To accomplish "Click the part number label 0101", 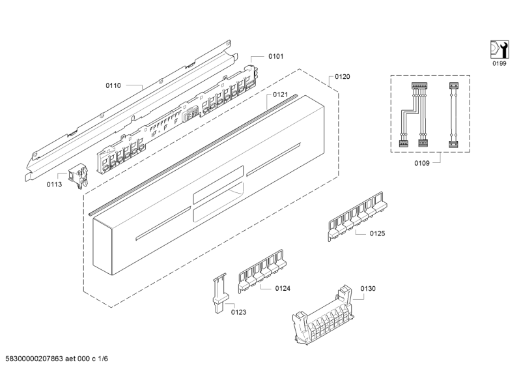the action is pos(275,56).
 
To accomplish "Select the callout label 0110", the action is pos(113,85).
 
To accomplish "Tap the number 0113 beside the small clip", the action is pos(54,184).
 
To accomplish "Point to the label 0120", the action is pos(343,77).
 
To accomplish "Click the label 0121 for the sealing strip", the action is pos(281,95).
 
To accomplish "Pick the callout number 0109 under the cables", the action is pos(421,163).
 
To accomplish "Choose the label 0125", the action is pos(378,233).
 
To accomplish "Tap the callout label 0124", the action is pos(283,288).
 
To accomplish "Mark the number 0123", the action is pos(238,312).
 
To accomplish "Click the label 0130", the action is pos(368,288).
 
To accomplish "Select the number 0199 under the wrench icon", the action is pos(500,63).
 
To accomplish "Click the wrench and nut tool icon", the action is pos(500,50).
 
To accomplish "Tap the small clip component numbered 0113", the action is pos(78,175).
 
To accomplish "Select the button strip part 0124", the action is pos(262,271).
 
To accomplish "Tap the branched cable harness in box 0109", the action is pos(414,115).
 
